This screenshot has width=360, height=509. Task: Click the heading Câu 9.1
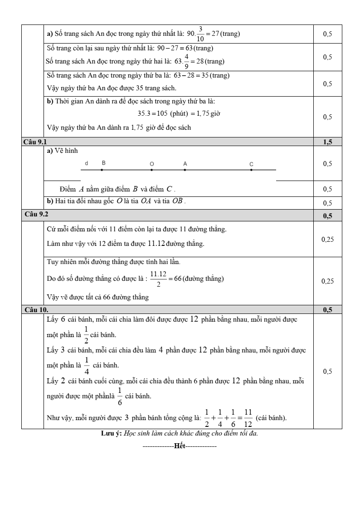[x=34, y=142]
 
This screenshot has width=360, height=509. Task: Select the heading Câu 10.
[x=36, y=310]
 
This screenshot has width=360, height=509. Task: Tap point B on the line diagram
[x=102, y=170]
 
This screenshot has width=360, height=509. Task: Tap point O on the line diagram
[x=151, y=170]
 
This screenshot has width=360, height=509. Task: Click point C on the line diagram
[x=252, y=170]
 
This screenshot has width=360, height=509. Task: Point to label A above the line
[x=185, y=163]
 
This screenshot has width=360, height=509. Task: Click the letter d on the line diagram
[x=86, y=163]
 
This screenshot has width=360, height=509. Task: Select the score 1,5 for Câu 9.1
[x=327, y=142]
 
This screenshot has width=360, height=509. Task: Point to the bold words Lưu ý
[x=111, y=433]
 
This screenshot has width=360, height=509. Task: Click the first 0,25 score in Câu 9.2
[x=327, y=239]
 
